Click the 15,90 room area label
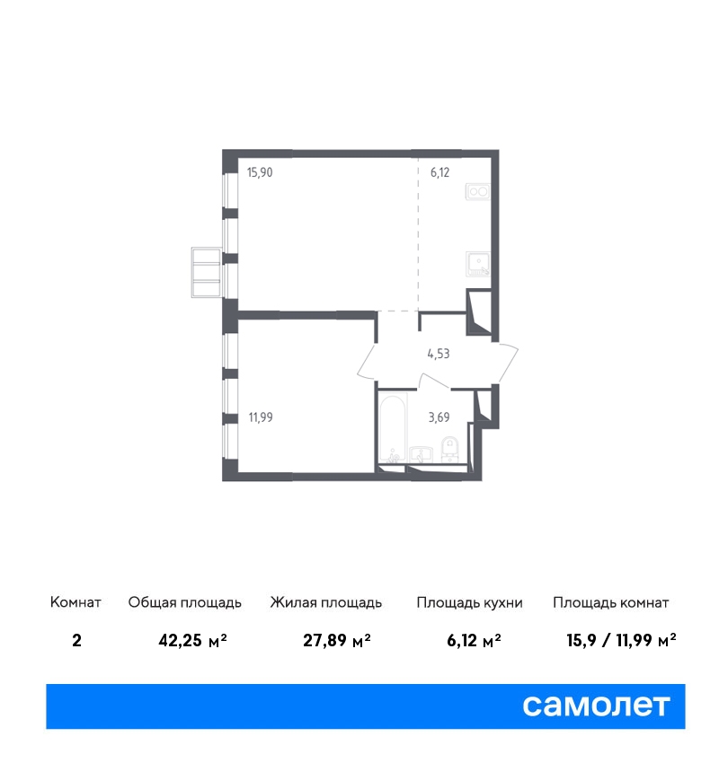pos(260,172)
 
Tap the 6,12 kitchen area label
pos(439,172)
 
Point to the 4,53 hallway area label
pos(439,354)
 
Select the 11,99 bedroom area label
pos(261,417)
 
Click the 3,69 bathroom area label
pos(439,417)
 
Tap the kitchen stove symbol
pos(478,191)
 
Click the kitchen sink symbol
pos(478,264)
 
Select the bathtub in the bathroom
pos(393,428)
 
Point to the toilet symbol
pos(449,449)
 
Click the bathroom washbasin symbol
pos(421,454)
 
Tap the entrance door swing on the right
pos(508,363)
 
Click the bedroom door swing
pos(367,362)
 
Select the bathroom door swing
pos(435,381)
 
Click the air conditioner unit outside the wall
pos(206,273)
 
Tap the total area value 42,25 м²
pos(193,640)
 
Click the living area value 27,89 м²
pos(337,640)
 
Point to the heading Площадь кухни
pos(469,602)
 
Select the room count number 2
pos(76,640)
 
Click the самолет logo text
pos(596,706)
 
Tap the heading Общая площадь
pos(184,602)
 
